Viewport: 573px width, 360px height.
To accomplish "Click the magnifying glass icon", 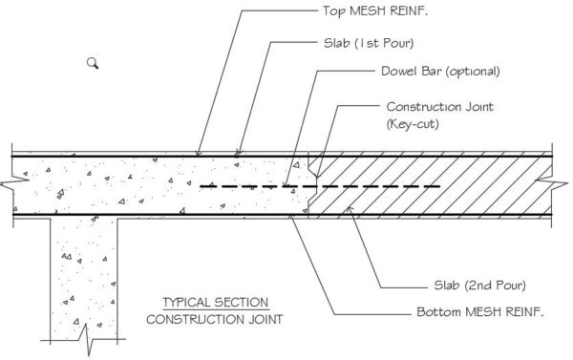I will (93, 63).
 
